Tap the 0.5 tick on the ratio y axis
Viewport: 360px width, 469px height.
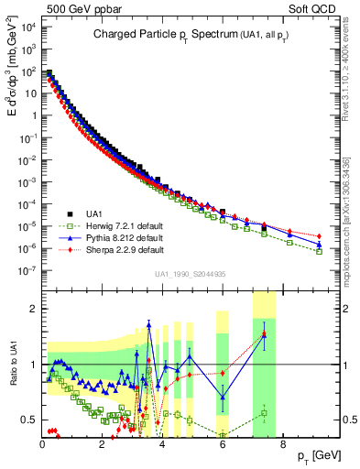29,420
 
